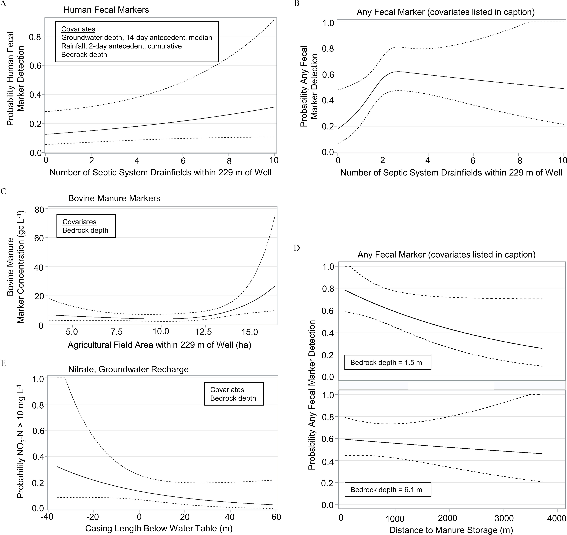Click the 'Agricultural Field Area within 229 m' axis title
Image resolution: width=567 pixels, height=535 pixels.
click(159, 345)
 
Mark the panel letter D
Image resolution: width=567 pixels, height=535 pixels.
click(297, 248)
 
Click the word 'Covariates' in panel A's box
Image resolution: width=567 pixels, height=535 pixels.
click(78, 29)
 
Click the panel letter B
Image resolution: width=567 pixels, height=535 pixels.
click(297, 4)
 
